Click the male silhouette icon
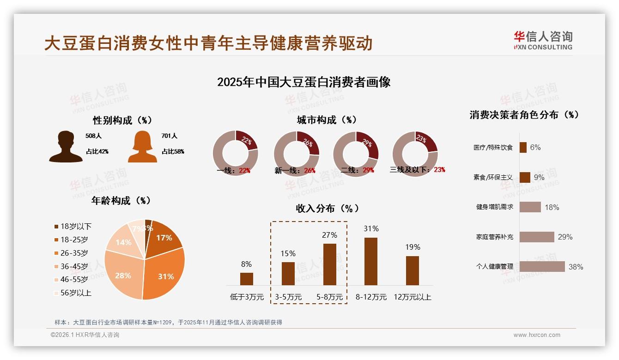point(66,146)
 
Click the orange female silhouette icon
point(142,146)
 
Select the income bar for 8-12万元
point(371,261)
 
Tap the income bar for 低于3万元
point(247,279)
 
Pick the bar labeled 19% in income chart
point(413,270)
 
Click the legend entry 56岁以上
point(73,293)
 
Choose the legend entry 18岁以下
point(73,226)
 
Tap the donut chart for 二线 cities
point(356,154)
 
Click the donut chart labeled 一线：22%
point(235,154)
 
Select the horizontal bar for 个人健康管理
point(542,266)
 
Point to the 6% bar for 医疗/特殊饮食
point(523,147)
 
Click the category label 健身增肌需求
point(494,207)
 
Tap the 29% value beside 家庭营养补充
point(565,237)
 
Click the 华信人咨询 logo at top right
point(543,40)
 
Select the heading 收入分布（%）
point(328,208)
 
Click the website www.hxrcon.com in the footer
point(537,335)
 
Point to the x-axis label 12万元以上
point(413,297)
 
